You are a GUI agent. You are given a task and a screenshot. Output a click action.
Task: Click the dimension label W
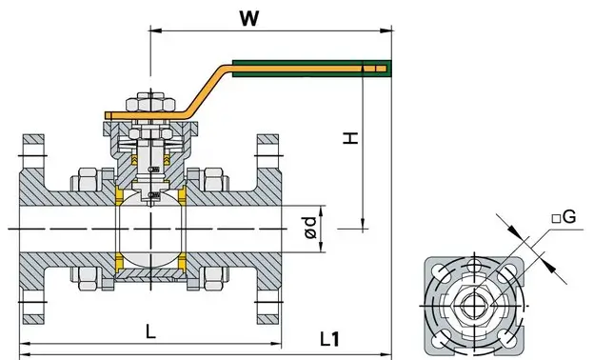pos(249,18)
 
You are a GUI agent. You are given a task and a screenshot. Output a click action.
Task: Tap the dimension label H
pos(350,138)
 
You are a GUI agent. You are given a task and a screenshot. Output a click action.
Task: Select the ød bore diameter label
pos(310,228)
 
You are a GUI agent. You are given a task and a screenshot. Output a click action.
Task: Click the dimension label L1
pos(329,339)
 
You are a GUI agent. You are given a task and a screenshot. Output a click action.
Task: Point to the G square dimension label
pos(564,217)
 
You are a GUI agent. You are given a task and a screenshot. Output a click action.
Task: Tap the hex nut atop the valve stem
pos(150,102)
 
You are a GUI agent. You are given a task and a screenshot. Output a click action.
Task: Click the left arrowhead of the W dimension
pos(156,30)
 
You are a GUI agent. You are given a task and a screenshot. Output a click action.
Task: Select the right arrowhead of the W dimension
pos(386,30)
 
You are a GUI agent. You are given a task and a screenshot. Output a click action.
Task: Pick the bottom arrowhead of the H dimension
pos(363,224)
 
